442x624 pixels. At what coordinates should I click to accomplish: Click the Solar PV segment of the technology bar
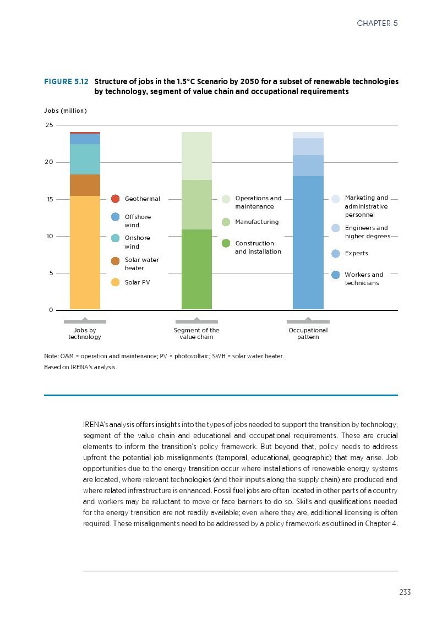(x=85, y=253)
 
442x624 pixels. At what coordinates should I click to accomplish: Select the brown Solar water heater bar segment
(x=85, y=185)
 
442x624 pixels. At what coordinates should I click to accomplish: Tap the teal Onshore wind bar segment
(x=85, y=159)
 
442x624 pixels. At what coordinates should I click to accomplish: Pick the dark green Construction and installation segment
(x=197, y=269)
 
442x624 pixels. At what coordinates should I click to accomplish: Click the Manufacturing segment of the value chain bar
(x=197, y=205)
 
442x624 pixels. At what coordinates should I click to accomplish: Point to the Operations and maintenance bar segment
(x=197, y=156)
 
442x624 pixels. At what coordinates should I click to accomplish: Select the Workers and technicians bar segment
(x=308, y=243)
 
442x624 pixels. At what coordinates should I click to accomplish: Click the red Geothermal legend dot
(x=116, y=199)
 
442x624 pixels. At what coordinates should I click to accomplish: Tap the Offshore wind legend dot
(x=116, y=217)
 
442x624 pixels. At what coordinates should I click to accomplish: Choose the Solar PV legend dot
(x=116, y=282)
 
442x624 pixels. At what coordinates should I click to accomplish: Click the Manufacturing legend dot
(x=226, y=222)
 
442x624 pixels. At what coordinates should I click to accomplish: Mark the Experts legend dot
(x=336, y=254)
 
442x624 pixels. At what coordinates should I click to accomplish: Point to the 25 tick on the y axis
(x=50, y=125)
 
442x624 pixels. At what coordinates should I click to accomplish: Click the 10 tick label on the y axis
(x=50, y=237)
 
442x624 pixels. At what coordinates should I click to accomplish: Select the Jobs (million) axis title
(x=65, y=111)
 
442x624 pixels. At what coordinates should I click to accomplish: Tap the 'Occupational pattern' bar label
(x=308, y=333)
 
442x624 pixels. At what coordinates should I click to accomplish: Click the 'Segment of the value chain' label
(x=197, y=333)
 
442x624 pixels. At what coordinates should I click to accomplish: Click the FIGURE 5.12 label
(x=66, y=81)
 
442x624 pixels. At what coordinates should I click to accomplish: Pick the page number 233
(x=405, y=593)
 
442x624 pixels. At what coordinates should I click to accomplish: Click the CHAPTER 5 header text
(x=377, y=23)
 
